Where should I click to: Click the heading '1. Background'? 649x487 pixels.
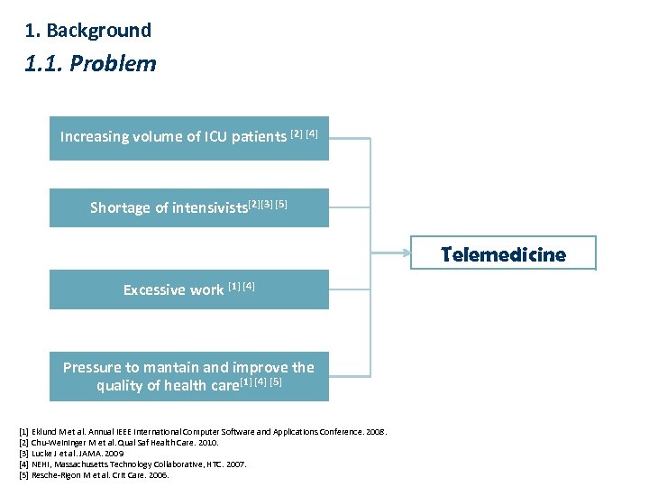(x=88, y=31)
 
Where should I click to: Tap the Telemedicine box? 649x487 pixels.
(x=503, y=254)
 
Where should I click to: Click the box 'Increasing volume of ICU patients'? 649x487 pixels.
(x=188, y=138)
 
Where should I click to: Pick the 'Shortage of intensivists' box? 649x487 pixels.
(x=188, y=207)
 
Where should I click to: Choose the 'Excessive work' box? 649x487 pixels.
(x=188, y=289)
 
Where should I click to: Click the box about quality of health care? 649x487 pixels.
(x=188, y=377)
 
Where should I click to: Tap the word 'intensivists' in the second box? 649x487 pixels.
(x=209, y=208)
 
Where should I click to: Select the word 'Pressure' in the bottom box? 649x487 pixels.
(x=91, y=367)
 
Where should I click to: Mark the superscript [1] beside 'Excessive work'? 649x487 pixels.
(x=234, y=287)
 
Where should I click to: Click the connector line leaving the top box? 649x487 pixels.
(x=350, y=138)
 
